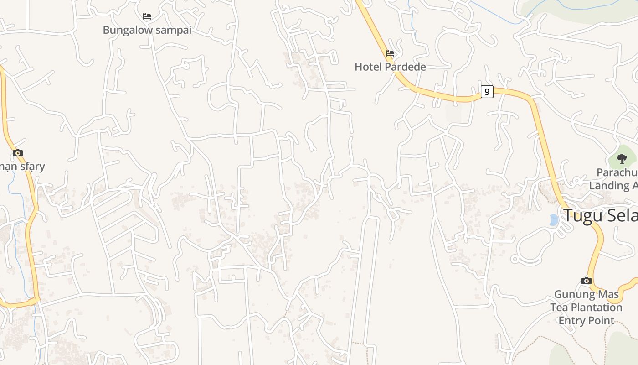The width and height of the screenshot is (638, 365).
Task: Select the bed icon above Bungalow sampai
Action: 147,16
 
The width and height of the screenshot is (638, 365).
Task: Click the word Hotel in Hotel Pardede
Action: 367,67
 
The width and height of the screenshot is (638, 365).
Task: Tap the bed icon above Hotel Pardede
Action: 390,53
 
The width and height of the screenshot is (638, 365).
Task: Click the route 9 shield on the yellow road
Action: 487,92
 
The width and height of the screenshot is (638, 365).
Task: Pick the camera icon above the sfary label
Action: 18,153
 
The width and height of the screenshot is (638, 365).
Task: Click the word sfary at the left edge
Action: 31,166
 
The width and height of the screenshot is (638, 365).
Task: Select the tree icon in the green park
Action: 622,159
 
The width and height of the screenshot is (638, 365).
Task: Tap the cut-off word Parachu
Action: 617,172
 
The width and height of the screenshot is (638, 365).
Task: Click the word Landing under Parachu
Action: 609,185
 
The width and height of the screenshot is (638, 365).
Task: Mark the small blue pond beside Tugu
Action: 554,220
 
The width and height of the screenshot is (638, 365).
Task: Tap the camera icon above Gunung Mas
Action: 587,281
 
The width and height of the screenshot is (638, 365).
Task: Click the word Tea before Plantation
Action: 559,307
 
